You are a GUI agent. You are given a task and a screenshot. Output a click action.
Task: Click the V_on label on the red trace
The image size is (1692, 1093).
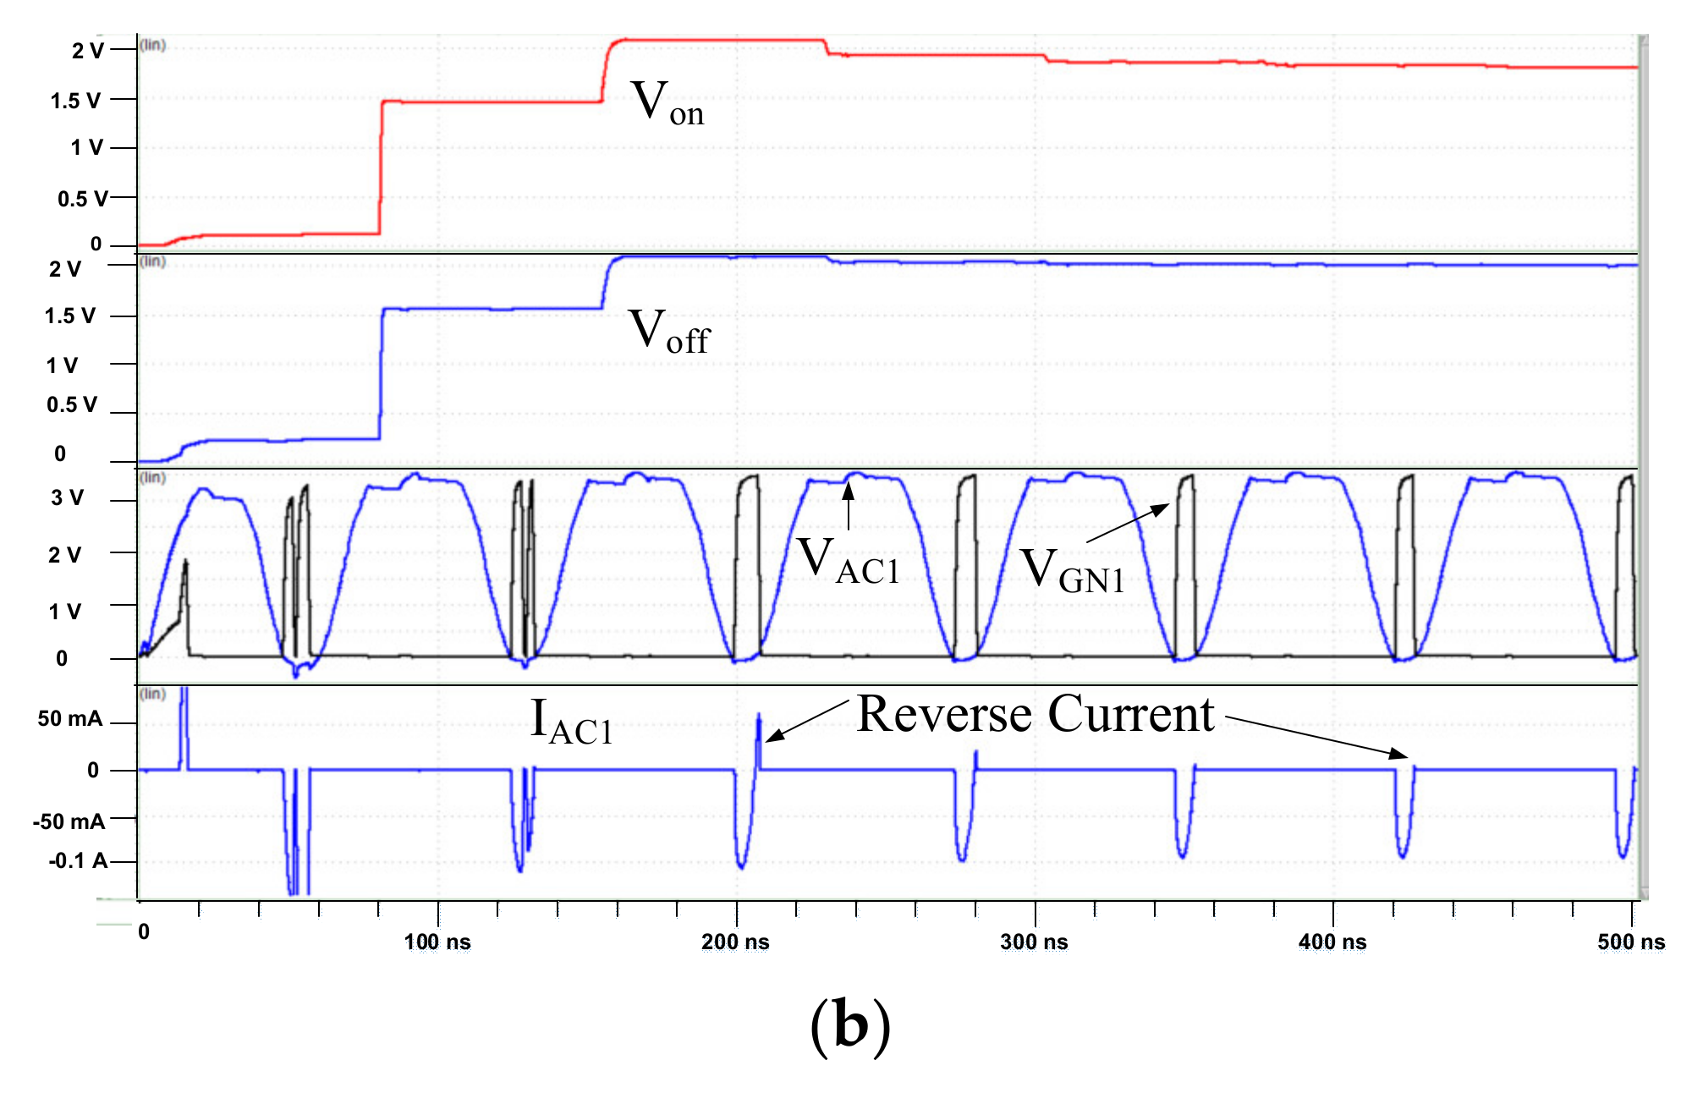click(x=667, y=103)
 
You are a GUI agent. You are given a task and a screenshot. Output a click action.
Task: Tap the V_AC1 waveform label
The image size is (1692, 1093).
click(x=849, y=561)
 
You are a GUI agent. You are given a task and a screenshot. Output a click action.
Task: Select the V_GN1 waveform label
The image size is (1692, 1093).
click(x=1072, y=570)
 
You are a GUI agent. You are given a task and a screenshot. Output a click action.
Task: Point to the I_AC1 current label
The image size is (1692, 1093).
click(x=571, y=722)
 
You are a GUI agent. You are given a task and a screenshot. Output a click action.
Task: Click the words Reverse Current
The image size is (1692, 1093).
click(x=1036, y=714)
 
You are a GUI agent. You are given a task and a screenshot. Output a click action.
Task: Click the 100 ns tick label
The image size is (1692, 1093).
click(x=437, y=942)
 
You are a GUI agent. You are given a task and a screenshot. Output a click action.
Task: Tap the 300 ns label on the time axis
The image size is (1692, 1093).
click(x=1034, y=942)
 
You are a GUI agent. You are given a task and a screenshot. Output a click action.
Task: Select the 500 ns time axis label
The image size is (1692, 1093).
click(x=1630, y=942)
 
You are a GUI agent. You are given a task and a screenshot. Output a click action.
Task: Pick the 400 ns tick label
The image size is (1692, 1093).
click(x=1332, y=942)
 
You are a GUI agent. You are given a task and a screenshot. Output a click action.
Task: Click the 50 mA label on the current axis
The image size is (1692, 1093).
click(x=70, y=719)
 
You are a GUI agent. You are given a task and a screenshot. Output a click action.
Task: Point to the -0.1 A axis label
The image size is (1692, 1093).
click(x=78, y=861)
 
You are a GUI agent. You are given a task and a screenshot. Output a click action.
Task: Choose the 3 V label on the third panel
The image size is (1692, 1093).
click(x=67, y=497)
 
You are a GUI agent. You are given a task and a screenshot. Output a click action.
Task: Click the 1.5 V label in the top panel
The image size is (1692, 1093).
click(x=75, y=101)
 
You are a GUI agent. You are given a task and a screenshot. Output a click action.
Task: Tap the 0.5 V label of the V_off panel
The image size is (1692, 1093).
click(x=72, y=404)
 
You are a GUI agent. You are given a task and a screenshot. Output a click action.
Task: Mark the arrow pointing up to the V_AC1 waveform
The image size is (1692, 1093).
click(x=849, y=503)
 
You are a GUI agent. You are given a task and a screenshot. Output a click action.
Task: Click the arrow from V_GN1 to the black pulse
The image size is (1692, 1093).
click(x=1127, y=523)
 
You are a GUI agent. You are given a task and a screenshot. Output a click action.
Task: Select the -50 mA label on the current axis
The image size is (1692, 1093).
click(x=69, y=821)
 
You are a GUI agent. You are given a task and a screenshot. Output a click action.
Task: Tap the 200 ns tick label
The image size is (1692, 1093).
click(x=735, y=942)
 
